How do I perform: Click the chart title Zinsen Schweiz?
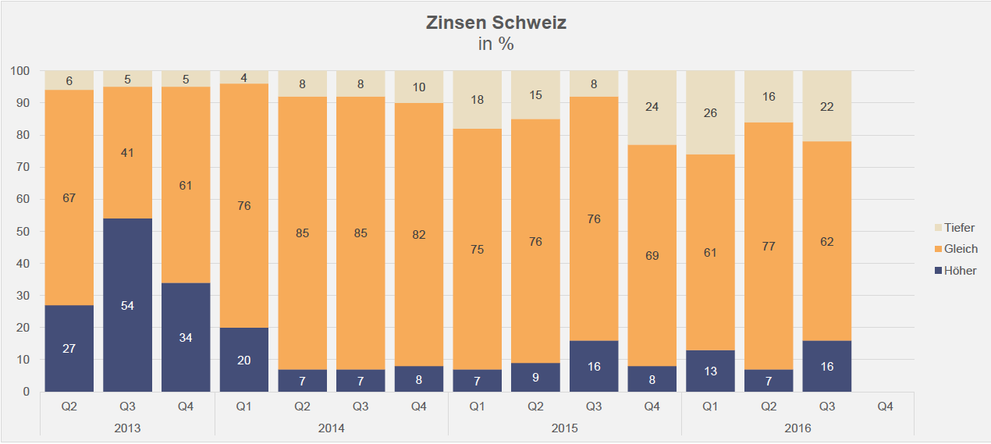pos(495,23)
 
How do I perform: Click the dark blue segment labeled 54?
pos(127,305)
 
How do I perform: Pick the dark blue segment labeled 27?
pos(69,348)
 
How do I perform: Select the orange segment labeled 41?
pos(127,153)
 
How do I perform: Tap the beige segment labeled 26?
pos(710,112)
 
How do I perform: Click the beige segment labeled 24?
pos(652,108)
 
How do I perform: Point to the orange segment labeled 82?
pos(419,234)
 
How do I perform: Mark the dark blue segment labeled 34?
pos(186,337)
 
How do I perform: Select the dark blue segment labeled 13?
pos(710,371)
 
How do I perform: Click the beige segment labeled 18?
pos(477,100)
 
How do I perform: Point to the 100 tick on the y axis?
pos(20,71)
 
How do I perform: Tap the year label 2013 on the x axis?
pos(127,428)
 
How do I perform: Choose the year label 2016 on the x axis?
pos(797,428)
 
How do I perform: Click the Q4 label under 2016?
pos(885,407)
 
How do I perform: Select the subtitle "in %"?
pos(495,44)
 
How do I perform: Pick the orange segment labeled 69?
pos(652,256)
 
